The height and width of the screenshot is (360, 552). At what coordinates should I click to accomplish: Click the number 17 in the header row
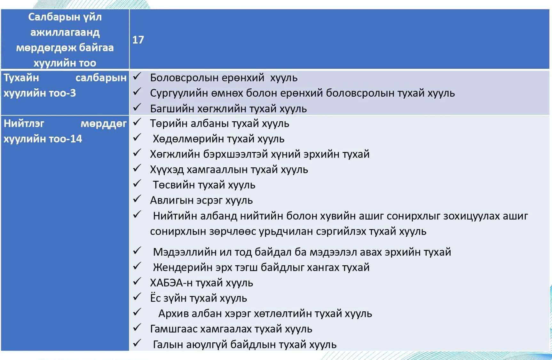138,40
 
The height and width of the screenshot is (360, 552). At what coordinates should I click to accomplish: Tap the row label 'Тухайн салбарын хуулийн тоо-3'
65,85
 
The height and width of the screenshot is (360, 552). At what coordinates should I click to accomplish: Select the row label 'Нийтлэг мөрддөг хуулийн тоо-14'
65,131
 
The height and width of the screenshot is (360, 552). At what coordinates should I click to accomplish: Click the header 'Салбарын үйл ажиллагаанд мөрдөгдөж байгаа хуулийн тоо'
65,40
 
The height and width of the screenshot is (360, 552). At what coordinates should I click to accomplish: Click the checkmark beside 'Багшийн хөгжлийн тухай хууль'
137,108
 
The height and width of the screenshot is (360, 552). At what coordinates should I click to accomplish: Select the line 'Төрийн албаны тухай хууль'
219,124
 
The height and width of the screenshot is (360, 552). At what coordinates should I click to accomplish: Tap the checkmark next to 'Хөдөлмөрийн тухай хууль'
137,138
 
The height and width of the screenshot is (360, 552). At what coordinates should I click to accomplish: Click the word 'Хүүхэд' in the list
167,170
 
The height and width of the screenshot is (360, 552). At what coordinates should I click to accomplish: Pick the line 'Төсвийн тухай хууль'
204,185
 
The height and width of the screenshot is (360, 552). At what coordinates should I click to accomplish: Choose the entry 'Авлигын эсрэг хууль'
201,200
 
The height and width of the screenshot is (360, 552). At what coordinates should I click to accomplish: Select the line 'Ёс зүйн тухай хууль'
198,298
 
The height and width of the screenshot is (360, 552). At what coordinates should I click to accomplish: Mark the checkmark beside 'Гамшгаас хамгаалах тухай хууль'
137,328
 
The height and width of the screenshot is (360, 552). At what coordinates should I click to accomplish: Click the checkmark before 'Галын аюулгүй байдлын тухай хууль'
137,343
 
